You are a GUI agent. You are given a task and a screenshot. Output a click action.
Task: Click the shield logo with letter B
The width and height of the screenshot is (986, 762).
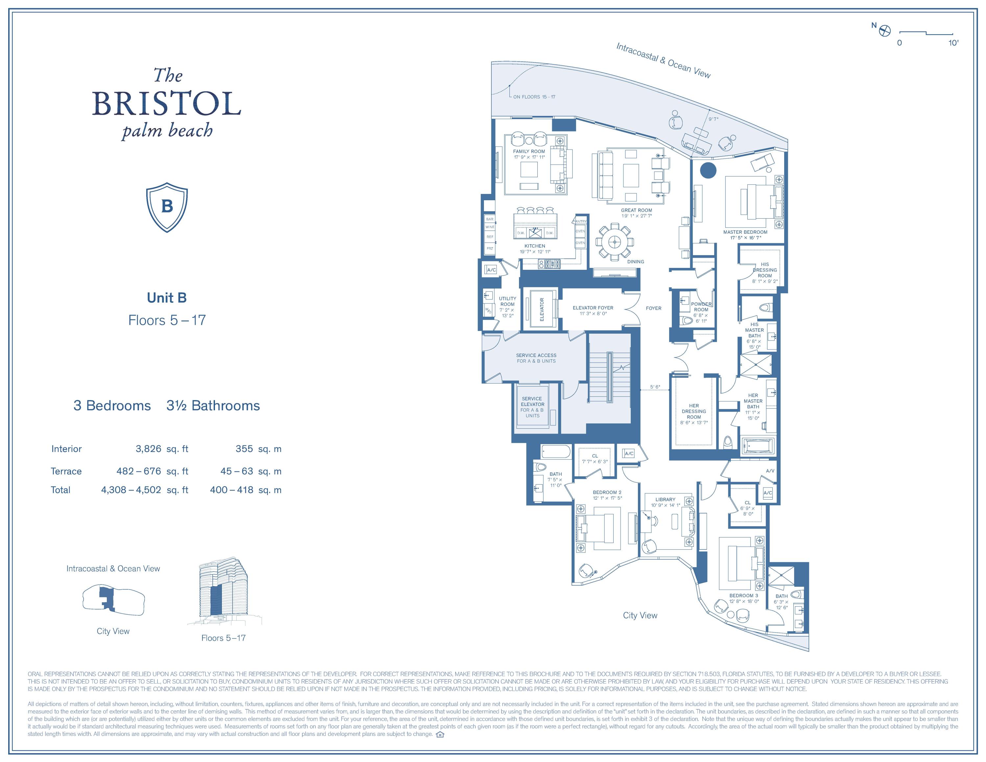point(167,207)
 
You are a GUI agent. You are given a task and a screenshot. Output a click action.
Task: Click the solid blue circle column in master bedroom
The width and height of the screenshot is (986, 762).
point(708,171)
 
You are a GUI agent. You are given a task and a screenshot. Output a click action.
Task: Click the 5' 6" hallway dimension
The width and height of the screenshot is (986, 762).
point(655,387)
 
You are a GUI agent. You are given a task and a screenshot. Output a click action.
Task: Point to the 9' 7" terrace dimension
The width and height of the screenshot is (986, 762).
point(713,119)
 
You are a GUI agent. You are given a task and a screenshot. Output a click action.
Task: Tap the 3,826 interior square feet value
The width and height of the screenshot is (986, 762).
point(148,449)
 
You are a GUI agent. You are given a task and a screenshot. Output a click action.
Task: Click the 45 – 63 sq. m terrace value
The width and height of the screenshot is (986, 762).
point(237,471)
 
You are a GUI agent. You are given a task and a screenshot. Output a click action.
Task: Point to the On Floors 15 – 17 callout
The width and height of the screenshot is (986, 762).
point(534,97)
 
